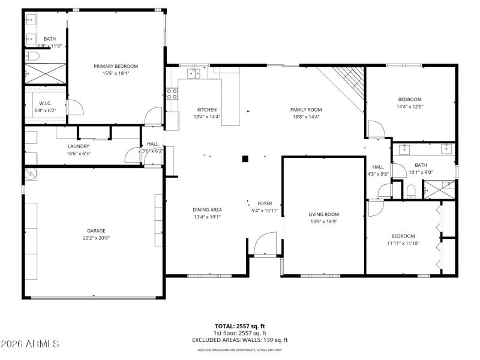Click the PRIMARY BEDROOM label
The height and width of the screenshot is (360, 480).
point(116,66)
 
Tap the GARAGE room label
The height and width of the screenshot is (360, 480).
point(96,230)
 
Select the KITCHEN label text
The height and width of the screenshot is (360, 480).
point(207,110)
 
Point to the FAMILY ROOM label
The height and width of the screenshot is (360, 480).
point(306,110)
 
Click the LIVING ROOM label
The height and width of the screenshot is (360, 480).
point(324,214)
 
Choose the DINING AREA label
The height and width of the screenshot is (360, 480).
point(208,209)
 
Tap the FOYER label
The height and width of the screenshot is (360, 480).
point(265,203)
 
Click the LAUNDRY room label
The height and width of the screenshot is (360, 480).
point(79,146)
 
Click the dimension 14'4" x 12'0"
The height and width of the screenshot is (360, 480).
point(410,107)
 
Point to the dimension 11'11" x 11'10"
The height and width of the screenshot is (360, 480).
point(403,243)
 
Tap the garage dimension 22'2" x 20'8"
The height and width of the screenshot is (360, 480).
point(96,238)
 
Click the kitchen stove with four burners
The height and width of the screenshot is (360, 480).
point(172,94)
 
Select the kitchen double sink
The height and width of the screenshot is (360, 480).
point(193,74)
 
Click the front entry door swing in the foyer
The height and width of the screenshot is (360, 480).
point(265,244)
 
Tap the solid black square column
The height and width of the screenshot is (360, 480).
point(245,159)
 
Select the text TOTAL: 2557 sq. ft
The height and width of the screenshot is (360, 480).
point(240,327)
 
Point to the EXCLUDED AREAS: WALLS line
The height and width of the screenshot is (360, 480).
point(240,340)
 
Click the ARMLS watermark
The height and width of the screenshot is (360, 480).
point(30,344)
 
